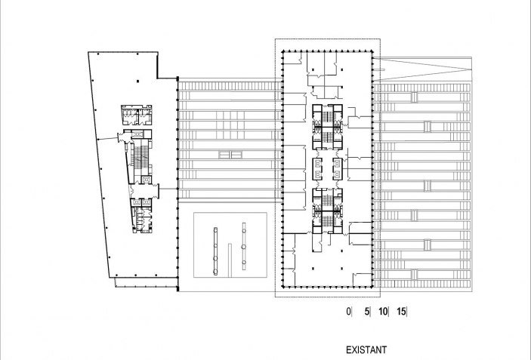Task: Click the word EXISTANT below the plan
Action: tap(366, 350)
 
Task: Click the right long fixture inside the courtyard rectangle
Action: tap(244, 246)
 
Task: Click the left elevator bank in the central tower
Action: tap(318, 169)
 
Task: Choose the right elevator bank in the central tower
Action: tap(336, 169)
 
